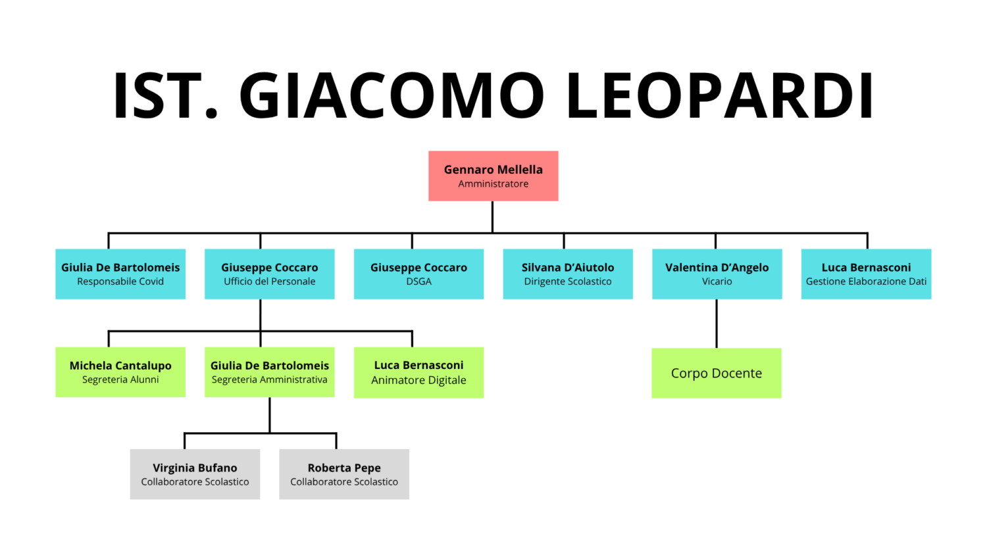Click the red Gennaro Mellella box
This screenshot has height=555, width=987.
coord(493,176)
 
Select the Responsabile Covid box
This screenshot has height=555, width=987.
coord(120,274)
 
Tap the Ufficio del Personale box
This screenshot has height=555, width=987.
coord(269,274)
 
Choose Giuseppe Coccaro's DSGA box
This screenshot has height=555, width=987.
coord(418,274)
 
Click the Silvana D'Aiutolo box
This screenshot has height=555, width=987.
coord(568,274)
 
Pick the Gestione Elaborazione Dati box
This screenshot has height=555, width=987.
coord(866,274)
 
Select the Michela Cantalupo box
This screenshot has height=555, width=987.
coord(120,372)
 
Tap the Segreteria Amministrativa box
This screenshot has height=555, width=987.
coord(269,372)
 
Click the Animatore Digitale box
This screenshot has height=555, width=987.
coord(418,372)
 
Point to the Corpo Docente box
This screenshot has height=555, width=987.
coord(717,373)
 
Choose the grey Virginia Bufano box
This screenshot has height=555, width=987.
coord(195,474)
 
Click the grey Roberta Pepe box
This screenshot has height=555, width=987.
coord(344,474)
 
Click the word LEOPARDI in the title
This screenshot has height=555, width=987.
coord(719,95)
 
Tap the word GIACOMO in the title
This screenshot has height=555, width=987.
coord(392,95)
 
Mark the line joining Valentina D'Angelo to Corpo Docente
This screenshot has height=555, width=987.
coord(717,324)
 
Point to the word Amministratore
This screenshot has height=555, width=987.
coord(493,184)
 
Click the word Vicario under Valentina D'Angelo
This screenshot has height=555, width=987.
coord(717,281)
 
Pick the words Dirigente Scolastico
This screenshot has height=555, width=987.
coord(568,281)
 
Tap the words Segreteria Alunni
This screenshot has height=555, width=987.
coord(120,379)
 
